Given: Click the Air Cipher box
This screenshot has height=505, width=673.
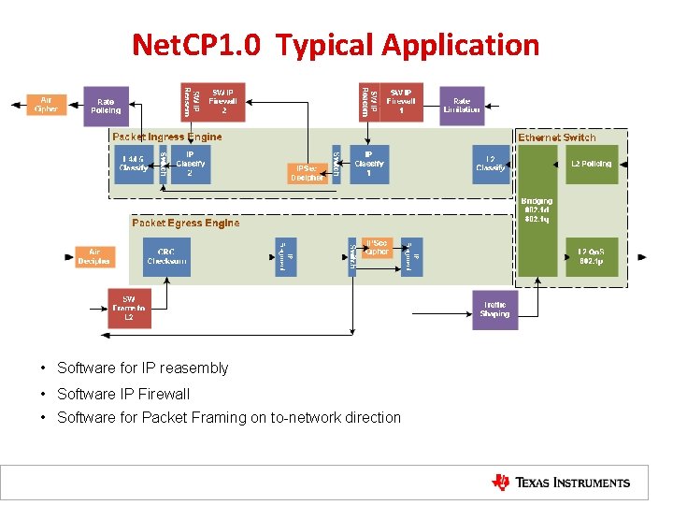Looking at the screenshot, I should (x=45, y=104).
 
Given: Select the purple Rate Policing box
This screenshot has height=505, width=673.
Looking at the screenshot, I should (x=106, y=106).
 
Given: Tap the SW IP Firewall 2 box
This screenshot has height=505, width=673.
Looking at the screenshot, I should (x=222, y=102).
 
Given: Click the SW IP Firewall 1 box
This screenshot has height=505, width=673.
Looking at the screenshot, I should (x=402, y=102).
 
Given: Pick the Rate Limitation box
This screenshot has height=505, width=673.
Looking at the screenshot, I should (x=462, y=106).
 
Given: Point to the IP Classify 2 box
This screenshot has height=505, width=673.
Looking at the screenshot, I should (x=191, y=164).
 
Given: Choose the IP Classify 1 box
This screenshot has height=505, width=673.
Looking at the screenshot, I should (x=369, y=164).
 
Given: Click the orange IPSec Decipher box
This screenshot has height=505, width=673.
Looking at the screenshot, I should (x=306, y=173).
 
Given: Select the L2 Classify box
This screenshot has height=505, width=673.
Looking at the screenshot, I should (x=491, y=164).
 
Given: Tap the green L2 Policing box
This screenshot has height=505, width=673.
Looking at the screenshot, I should (x=591, y=164).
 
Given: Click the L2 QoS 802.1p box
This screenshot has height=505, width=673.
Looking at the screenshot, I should (x=591, y=256).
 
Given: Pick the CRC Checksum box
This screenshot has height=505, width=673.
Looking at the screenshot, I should (x=166, y=256).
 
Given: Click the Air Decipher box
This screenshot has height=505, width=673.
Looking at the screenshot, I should (x=94, y=256).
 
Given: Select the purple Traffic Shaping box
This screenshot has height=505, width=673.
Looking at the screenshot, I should (x=494, y=310).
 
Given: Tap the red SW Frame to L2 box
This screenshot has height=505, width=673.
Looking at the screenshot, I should (x=129, y=310).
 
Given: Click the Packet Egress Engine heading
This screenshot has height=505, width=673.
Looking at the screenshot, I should (x=185, y=224).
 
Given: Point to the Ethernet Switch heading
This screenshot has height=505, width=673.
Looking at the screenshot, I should (x=557, y=137).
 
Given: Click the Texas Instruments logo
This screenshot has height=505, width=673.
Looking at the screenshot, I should (x=561, y=483).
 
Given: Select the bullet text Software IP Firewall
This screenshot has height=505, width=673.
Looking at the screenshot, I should (x=122, y=394).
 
